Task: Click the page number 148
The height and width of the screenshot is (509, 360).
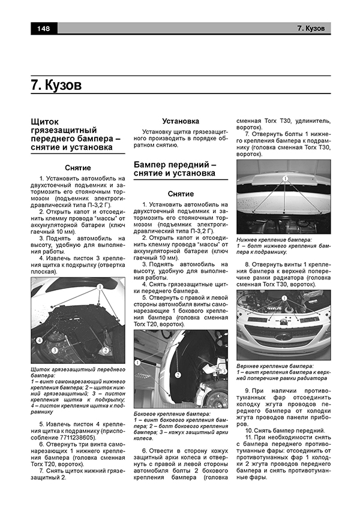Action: point(43,28)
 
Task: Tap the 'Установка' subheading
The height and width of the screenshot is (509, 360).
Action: point(181,121)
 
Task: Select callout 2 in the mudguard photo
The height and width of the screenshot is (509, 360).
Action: point(106,349)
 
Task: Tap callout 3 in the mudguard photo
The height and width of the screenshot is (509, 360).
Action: point(55,350)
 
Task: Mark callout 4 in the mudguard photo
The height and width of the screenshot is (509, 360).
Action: point(38,340)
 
